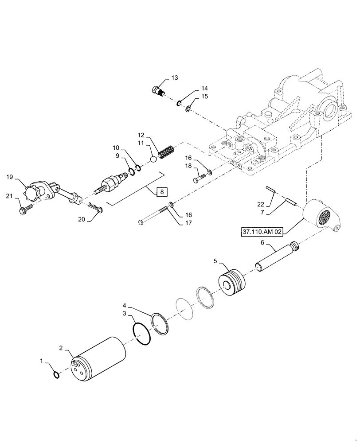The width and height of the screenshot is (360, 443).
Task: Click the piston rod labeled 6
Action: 275,257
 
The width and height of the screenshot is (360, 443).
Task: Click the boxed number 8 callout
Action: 162,192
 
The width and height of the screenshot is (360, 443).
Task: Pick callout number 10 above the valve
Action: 116,147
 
